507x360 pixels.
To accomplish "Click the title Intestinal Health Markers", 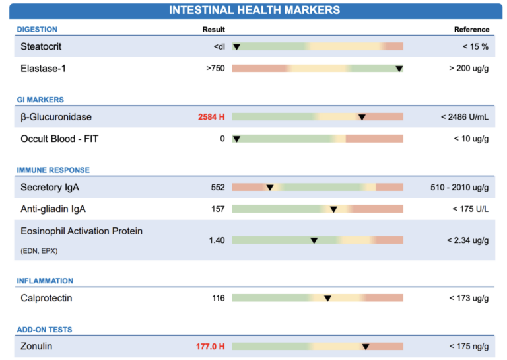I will point(254,10).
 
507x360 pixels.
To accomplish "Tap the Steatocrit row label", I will point(41,47).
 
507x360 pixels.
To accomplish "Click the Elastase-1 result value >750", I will point(215,68).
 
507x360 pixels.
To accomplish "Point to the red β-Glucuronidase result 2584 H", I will point(211,117).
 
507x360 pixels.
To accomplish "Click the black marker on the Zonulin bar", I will point(365,346).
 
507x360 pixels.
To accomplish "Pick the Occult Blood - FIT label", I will point(59,139).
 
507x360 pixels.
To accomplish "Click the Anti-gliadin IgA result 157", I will point(218,209).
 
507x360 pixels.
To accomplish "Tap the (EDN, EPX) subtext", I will point(40,250).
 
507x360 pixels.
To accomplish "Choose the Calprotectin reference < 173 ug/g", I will point(467,298).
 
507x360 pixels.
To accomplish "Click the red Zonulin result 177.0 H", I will point(210,346).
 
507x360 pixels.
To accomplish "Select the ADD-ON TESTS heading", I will point(44,330).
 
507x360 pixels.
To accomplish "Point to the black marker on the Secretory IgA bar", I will point(269,188).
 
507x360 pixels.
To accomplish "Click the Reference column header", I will point(471,30).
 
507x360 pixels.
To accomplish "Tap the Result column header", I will point(213,30).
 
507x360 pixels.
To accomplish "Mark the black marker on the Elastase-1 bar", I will point(399,68).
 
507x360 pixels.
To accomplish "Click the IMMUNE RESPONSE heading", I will point(53,170).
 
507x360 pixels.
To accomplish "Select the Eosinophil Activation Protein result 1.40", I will point(217,240).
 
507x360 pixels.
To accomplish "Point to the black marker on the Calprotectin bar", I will point(327,298).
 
